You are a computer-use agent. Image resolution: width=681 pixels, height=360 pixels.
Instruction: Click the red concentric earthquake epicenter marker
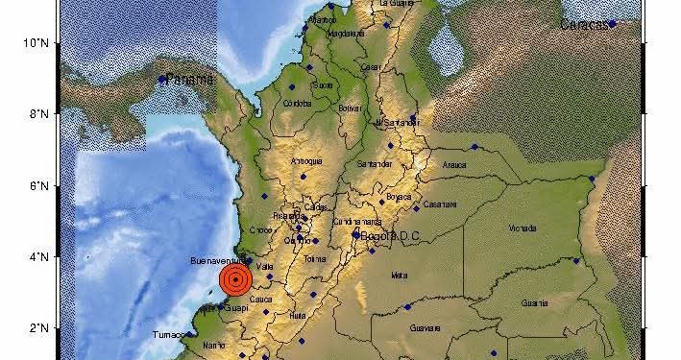point(235,279)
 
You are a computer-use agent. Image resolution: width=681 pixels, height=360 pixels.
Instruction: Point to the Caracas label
point(585,25)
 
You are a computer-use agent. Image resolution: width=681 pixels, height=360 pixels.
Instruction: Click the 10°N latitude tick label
point(36,42)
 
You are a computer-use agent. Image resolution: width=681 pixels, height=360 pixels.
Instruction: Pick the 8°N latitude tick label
point(39,114)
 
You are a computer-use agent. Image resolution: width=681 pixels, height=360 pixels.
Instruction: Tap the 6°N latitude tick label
point(39,185)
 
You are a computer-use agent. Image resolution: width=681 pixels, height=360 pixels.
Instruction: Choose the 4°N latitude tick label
point(39,256)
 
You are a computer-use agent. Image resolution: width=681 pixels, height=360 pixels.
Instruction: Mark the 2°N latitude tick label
point(39,328)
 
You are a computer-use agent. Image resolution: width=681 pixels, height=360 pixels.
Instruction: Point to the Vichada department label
point(523,229)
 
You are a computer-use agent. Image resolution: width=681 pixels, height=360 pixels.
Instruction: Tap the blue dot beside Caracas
point(612,25)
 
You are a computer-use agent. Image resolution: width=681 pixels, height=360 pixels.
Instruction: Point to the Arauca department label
point(454,165)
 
